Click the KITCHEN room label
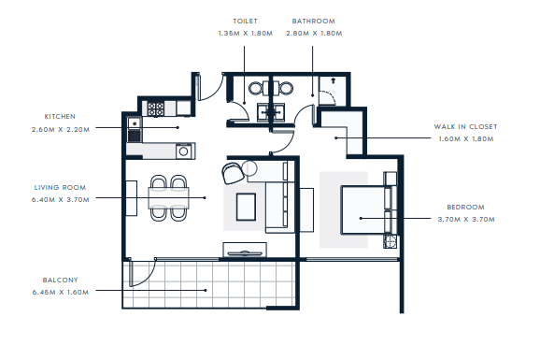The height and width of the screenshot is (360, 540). [x=60, y=117]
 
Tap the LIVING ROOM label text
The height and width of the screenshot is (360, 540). [x=60, y=188]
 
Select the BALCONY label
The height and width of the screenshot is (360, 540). [x=61, y=280]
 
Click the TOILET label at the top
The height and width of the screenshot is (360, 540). [x=245, y=21]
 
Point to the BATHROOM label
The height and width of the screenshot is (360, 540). [x=313, y=21]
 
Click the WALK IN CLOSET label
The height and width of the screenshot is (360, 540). [x=465, y=126]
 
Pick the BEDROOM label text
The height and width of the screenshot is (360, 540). [x=465, y=208]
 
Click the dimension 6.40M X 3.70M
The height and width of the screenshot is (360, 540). [x=61, y=200]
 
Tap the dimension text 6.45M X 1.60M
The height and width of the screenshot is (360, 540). [x=61, y=293]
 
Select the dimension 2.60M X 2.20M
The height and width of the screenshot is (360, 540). [x=61, y=130]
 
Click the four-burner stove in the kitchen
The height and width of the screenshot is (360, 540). [x=156, y=108]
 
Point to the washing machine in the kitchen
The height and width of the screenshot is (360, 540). [x=184, y=151]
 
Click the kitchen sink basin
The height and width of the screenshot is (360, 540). [x=135, y=122]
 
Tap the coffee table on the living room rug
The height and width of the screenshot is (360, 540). [x=246, y=207]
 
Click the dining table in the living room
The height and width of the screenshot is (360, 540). [x=168, y=198]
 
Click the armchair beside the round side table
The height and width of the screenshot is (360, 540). [x=233, y=173]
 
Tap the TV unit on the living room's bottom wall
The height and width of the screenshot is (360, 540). [x=245, y=250]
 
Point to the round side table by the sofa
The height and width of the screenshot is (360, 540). [x=249, y=168]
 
